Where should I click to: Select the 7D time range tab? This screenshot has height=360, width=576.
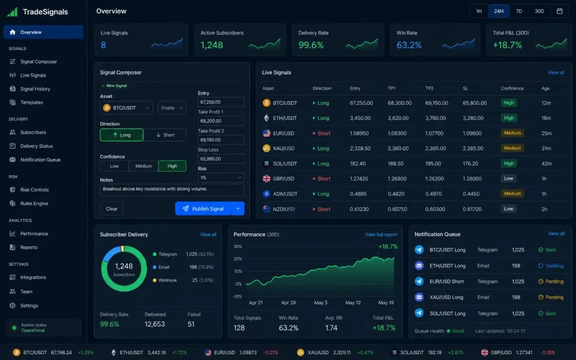tap(519, 11)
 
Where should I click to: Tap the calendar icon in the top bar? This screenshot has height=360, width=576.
tap(559, 11)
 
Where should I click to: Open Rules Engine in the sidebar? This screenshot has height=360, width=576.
tap(34, 203)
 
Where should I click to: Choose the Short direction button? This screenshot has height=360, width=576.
tap(165, 135)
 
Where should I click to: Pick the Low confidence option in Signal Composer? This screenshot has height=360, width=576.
tap(114, 166)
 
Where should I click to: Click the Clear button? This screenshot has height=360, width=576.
tap(112, 209)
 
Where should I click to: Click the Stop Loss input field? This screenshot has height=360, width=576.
tap(221, 159)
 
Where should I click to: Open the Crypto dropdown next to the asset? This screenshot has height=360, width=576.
tap(172, 108)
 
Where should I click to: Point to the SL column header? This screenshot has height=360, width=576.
tap(465, 88)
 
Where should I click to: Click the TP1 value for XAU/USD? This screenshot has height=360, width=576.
tap(398, 149)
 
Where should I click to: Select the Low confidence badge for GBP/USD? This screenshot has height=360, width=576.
tap(509, 179)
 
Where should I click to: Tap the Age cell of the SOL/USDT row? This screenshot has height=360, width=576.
tap(546, 164)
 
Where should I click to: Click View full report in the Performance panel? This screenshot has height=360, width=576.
tap(381, 234)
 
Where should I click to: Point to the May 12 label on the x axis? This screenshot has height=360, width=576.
tap(353, 303)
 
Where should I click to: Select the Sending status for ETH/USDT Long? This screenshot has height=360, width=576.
tap(551, 266)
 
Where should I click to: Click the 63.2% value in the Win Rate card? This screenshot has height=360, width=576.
tap(409, 45)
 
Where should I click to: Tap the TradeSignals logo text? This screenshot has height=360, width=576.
tap(45, 12)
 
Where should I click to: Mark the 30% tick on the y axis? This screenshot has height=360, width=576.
tap(238, 247)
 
